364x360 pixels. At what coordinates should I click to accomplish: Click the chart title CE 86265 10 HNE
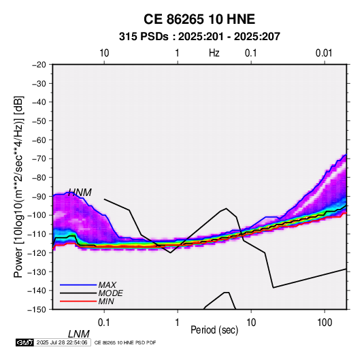199,19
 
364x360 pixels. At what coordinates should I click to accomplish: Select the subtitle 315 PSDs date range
199,37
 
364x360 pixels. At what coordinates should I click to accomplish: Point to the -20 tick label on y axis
39,65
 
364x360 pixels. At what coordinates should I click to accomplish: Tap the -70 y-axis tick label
39,159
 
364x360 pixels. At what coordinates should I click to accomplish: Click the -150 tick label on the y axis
37,310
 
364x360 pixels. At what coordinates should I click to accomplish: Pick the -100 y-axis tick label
37,215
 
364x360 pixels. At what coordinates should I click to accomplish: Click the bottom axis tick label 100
325,323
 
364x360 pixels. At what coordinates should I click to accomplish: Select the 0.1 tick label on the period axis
104,323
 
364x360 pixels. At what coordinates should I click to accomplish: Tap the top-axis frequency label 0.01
324,53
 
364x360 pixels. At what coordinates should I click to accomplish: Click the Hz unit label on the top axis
214,53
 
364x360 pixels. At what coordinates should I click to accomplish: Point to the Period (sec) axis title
214,330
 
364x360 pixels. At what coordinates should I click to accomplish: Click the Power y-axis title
18,187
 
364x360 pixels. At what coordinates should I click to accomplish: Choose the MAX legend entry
107,284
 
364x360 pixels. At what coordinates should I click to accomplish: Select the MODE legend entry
110,293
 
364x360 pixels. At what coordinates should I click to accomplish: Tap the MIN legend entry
106,301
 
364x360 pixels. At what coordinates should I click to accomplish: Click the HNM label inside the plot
80,193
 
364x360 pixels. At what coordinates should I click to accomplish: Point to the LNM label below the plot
79,334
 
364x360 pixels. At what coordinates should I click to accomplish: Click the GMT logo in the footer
25,342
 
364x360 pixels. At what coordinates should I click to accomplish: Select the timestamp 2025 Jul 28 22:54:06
62,342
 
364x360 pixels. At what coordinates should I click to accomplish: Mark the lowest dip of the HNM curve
171,252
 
